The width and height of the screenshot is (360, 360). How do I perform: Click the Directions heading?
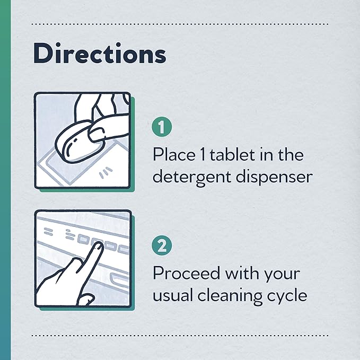pos(100,54)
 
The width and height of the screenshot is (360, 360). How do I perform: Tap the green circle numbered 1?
pos(162,127)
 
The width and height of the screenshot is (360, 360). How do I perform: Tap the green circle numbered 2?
pos(162,245)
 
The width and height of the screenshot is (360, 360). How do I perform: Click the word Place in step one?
pos(174,154)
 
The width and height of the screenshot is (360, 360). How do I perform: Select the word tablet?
pos(229,154)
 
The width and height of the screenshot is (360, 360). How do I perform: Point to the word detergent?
pos(192,177)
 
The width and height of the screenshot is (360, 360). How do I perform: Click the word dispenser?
pos(275,177)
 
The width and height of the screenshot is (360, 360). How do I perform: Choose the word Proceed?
pos(186,273)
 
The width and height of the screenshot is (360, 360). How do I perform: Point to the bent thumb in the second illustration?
pos(85,299)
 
